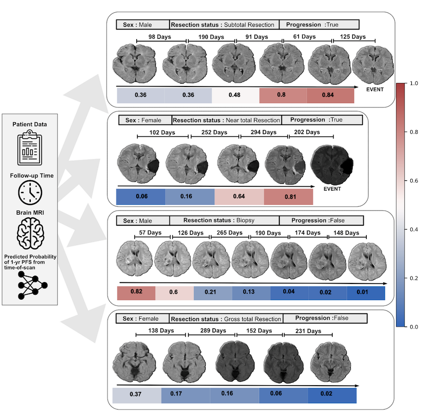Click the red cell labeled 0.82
tap(136, 293)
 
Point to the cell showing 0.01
tap(365, 293)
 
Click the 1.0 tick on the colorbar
tap(415, 84)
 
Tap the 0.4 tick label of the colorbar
tap(415, 229)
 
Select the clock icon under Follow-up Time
tap(30, 193)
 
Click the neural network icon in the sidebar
tap(30, 284)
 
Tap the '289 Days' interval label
tap(211, 331)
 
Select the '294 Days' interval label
tap(265, 132)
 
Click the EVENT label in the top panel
tap(375, 89)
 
